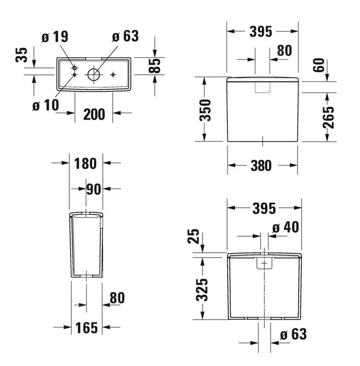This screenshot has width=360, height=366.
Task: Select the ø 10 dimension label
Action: tap(46, 105)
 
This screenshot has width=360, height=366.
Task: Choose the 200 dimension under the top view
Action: tap(94, 114)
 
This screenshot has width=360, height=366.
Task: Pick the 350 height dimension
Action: tap(206, 110)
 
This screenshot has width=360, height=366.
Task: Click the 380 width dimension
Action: tap(261, 166)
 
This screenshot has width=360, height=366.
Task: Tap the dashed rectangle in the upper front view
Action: tap(263, 87)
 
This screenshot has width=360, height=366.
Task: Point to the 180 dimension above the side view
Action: tap(85, 163)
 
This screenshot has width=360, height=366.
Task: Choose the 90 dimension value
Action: tap(94, 189)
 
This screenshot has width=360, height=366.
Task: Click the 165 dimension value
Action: tap(87, 327)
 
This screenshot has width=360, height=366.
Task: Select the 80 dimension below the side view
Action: tap(117, 298)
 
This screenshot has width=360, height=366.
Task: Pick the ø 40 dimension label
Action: tap(285, 227)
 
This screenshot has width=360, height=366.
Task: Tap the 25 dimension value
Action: tap(194, 236)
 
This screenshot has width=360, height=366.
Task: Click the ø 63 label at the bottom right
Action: tap(293, 334)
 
